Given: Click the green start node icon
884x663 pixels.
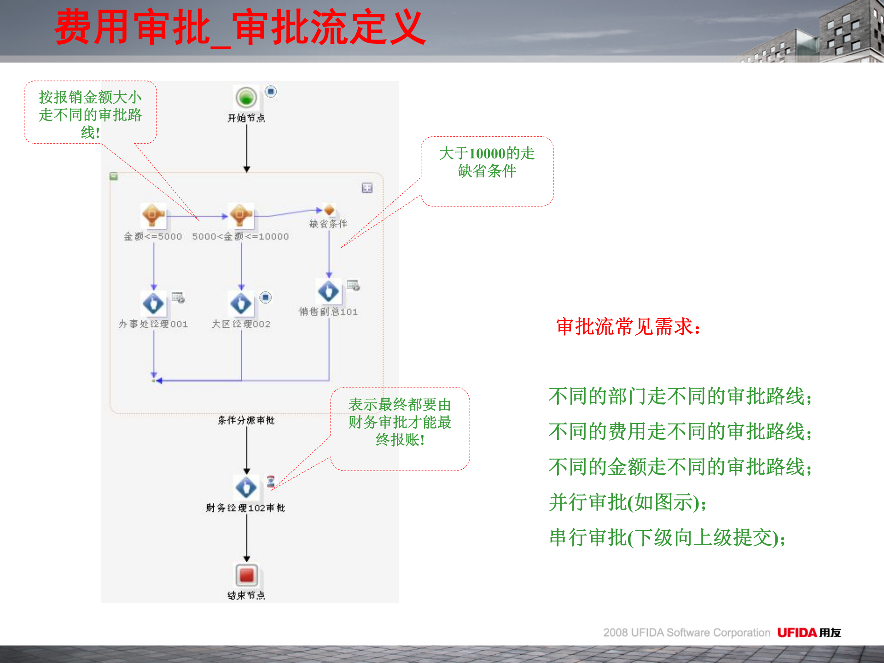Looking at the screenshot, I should pos(246,98).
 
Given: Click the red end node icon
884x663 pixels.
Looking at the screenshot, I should pos(246,575).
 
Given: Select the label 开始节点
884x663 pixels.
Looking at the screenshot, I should pos(246,118).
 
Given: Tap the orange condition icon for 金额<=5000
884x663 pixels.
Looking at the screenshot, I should pos(153,215).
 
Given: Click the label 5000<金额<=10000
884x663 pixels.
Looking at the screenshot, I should pos(240,237).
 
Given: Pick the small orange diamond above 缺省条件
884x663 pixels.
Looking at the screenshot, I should pos(329,210).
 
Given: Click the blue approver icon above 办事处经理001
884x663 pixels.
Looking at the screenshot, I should pos(153,303).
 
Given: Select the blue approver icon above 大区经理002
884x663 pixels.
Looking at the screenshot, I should pos(241,303).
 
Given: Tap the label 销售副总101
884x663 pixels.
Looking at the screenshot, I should pos(328,312).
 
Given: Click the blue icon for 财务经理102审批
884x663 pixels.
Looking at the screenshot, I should pos(246,488).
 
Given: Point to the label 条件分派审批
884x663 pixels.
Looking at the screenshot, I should pos(246,420).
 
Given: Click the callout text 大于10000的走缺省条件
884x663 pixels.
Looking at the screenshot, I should pos(487,162).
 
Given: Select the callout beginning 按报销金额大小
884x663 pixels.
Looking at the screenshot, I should pos(90,115).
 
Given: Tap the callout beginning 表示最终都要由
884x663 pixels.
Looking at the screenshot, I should pos(400,422).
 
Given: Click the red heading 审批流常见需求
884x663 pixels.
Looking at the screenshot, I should pos(628,327).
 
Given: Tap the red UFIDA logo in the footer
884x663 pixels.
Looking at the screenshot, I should pos(797,633).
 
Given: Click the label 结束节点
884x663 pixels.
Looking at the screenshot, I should pos(246,595).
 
